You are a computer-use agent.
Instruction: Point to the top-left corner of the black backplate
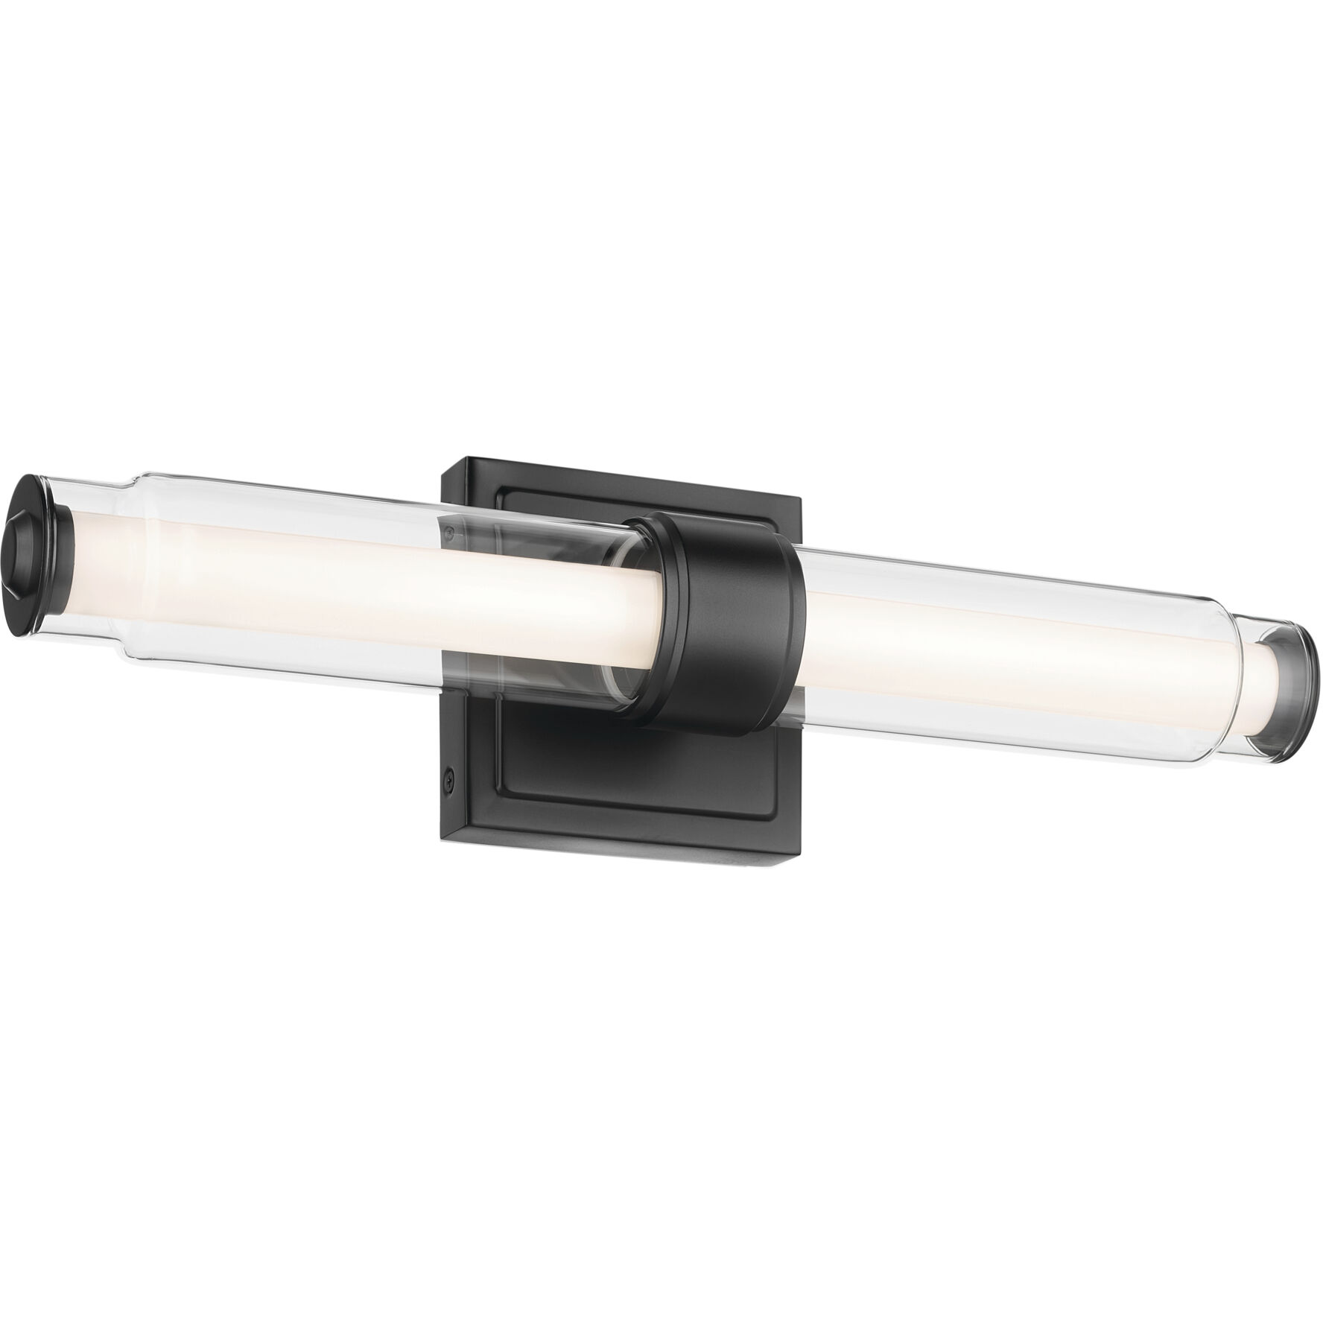pyautogui.click(x=445, y=463)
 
